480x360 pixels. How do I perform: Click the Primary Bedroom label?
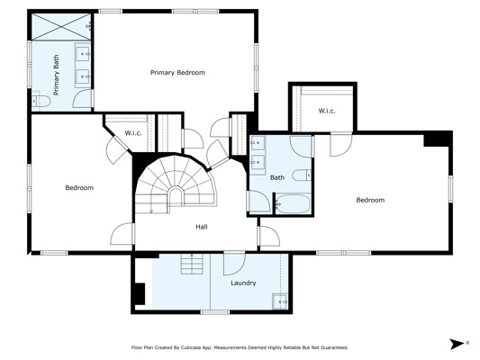click(x=177, y=73)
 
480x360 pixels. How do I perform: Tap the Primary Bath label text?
click(x=57, y=76)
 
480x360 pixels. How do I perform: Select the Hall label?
click(x=202, y=227)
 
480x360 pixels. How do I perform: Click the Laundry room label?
click(x=243, y=283)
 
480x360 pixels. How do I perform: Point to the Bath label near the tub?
click(x=277, y=177)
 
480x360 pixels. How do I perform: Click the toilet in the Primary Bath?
click(x=41, y=101)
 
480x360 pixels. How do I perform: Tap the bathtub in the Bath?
click(x=294, y=203)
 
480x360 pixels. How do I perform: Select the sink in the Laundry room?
click(x=280, y=301)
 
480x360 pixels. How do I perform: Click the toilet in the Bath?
click(x=302, y=175)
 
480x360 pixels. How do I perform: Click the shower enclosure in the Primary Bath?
click(x=61, y=27)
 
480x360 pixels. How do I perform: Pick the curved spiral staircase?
click(x=176, y=184)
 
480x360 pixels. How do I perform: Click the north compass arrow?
click(x=457, y=344)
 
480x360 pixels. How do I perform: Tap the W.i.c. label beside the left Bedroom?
click(x=133, y=133)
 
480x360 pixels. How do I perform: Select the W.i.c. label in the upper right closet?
click(x=327, y=111)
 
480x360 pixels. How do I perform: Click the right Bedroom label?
click(x=370, y=200)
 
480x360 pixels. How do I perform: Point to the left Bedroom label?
click(x=79, y=188)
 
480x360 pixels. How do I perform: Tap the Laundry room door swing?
click(x=234, y=264)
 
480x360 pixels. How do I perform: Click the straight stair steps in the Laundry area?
click(x=192, y=264)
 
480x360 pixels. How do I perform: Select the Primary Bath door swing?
click(x=82, y=98)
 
